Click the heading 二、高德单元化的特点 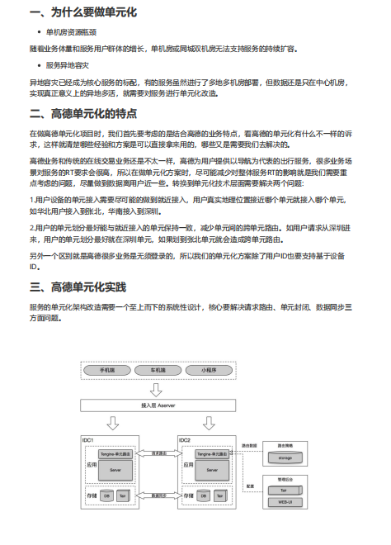click(x=82, y=112)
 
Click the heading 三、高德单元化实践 click(x=78, y=287)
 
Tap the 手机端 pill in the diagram click(x=108, y=371)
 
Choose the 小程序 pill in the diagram click(x=209, y=371)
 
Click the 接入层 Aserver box click(x=158, y=405)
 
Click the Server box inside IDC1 click(x=115, y=469)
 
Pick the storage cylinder click(x=285, y=456)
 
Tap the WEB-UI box click(x=284, y=501)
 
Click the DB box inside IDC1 click(x=106, y=496)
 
